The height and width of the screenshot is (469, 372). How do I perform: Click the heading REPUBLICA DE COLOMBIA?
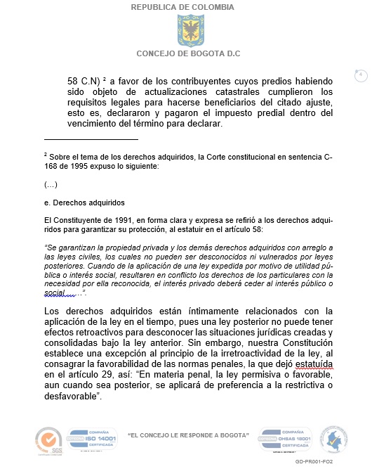point(182,7)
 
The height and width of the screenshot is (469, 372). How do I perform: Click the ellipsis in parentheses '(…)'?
point(50,184)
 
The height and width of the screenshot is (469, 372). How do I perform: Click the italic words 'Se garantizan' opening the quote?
point(70,248)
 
